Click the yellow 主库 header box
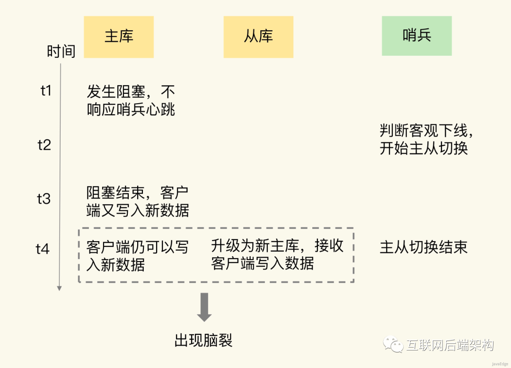click(x=119, y=37)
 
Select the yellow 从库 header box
click(x=258, y=37)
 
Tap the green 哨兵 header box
click(x=417, y=36)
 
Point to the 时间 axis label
click(x=61, y=51)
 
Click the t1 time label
click(x=46, y=90)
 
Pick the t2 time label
click(x=44, y=144)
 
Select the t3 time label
click(x=44, y=198)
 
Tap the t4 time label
click(x=43, y=249)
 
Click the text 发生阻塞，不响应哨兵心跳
click(x=131, y=100)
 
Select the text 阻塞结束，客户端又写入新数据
click(x=138, y=202)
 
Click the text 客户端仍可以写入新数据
click(x=138, y=256)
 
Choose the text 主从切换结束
click(x=423, y=247)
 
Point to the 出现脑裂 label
click(x=203, y=340)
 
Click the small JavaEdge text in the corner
click(x=499, y=364)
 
